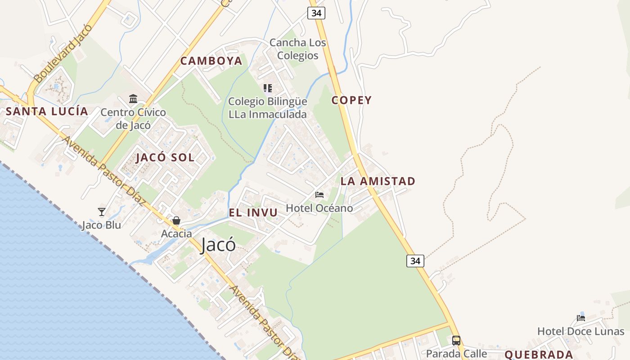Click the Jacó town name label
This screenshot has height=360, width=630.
tap(218, 244)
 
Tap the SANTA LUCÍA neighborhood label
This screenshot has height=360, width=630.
tap(47, 112)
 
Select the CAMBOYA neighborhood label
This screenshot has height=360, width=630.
tap(211, 61)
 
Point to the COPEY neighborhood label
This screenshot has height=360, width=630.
tap(351, 100)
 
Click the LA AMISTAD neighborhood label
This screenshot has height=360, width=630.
tap(378, 181)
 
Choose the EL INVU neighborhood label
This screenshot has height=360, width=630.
tap(253, 213)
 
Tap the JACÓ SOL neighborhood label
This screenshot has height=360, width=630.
tap(165, 157)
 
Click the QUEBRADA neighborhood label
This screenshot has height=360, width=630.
tap(539, 355)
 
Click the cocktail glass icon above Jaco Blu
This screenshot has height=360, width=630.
tap(102, 211)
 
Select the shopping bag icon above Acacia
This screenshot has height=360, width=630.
tap(176, 220)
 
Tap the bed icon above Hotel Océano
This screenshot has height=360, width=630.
tap(319, 195)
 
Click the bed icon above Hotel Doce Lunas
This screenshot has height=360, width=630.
tap(581, 318)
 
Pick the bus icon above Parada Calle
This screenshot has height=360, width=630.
tap(456, 340)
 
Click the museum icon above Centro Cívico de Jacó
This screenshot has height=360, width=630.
tap(133, 99)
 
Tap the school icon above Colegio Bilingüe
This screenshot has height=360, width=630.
tap(268, 88)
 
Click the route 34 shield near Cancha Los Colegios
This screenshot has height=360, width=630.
tap(316, 13)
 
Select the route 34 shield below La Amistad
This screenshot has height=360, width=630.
tap(415, 261)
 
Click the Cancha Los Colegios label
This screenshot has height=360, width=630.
tap(297, 49)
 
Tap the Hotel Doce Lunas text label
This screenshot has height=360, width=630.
tap(580, 332)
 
